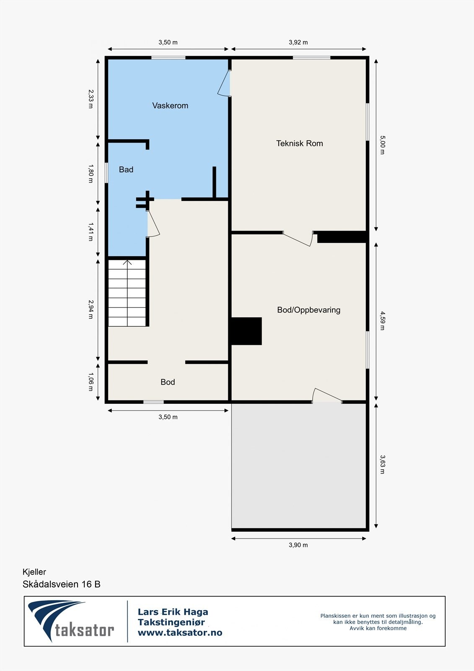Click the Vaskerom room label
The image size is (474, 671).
(x=170, y=106)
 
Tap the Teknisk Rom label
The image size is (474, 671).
(x=299, y=143)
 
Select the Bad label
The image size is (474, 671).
(x=126, y=169)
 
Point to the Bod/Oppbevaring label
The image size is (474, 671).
(x=308, y=310)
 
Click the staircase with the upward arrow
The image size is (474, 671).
(x=127, y=293)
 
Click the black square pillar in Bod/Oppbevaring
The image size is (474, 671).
(x=246, y=331)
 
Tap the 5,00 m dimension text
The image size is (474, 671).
(x=382, y=145)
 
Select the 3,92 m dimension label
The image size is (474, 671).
(x=298, y=42)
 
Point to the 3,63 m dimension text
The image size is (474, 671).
(x=382, y=464)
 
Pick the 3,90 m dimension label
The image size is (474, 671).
(x=298, y=545)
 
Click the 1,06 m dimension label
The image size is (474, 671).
(x=90, y=382)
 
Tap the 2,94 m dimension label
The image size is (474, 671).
(x=90, y=309)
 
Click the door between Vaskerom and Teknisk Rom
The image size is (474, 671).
(x=225, y=83)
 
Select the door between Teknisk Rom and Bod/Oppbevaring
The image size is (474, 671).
(x=298, y=239)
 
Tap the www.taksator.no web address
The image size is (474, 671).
(x=180, y=633)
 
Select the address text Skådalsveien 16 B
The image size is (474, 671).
(x=62, y=584)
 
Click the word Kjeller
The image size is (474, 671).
(x=34, y=572)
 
